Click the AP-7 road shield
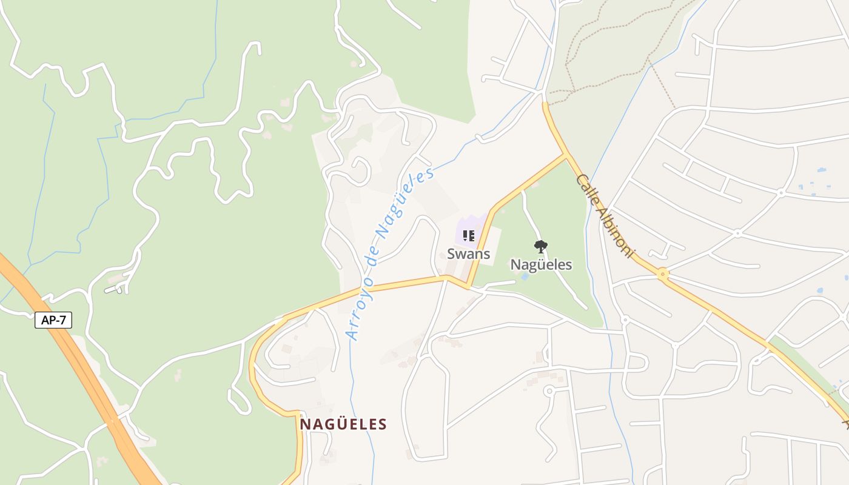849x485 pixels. point(53,320)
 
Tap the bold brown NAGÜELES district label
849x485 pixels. point(343,424)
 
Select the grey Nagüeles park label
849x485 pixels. point(541,265)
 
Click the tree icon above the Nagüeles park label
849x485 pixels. point(541,247)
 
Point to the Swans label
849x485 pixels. point(468,253)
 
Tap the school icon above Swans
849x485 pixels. point(468,235)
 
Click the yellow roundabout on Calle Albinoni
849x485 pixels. point(663,274)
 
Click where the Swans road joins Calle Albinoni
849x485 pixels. point(566,155)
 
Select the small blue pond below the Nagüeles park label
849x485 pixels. point(524,276)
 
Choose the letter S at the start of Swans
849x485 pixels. point(451,253)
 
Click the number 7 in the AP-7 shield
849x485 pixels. point(62,320)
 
